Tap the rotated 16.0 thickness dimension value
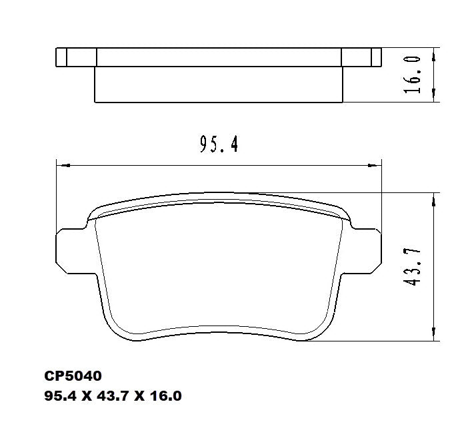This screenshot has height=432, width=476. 413,75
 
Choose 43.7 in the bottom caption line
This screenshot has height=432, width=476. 113,397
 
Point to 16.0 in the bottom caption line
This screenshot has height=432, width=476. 165,397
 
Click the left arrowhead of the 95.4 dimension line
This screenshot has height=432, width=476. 61,164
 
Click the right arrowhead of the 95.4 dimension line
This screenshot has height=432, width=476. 376,164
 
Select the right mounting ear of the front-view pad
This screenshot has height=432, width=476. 366,252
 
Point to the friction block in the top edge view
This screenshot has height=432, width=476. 219,85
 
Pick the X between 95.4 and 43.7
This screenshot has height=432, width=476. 87,397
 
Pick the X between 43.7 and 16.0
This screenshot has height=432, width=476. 140,397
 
